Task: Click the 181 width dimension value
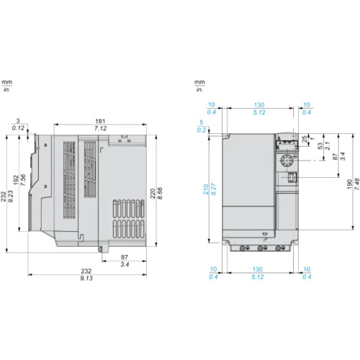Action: [100, 121]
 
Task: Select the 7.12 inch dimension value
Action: [100, 128]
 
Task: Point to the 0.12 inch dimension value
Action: [18, 128]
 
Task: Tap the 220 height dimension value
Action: [153, 194]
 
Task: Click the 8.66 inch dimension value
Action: [160, 194]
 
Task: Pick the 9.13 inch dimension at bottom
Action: [86, 278]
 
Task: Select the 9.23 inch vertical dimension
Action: [11, 197]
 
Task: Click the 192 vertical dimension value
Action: [16, 180]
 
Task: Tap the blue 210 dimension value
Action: [206, 189]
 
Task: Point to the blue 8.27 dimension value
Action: [213, 189]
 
